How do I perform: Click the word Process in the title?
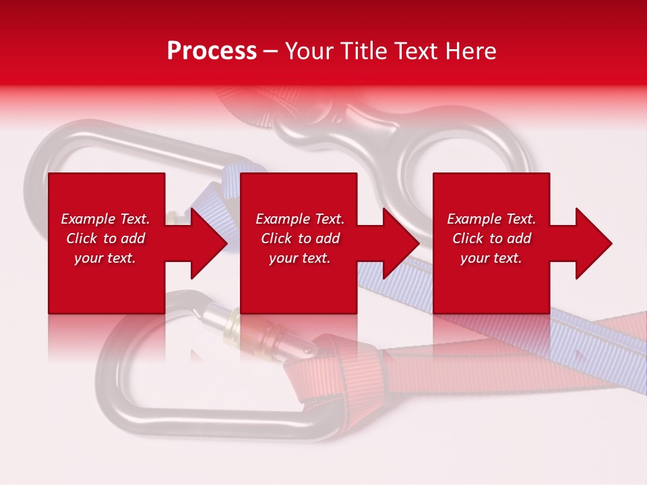coord(212,51)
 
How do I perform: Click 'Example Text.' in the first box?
coord(106,219)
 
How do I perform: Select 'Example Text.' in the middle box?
coord(300,219)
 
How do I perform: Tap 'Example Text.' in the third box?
coord(491,219)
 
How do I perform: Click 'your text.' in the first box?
coord(105,258)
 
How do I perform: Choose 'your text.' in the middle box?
coord(300,258)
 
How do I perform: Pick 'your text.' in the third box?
coord(491,258)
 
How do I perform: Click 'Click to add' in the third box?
coord(491,238)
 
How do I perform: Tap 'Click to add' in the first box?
coord(106,238)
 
